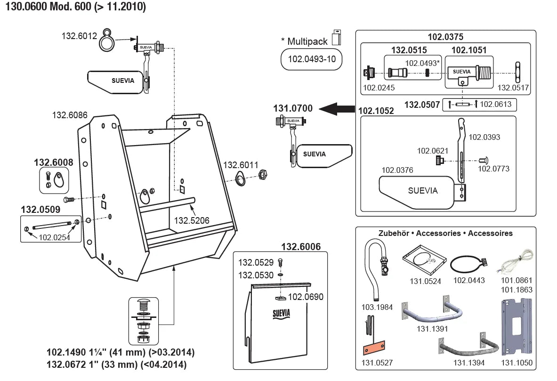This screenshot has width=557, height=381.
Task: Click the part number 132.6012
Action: pos(79,35)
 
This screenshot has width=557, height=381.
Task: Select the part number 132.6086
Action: pos(70,114)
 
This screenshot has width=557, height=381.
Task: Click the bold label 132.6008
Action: pos(53,162)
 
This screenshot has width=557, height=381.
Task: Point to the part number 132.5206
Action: pos(191,220)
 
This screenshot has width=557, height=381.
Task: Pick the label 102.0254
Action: pos(54,238)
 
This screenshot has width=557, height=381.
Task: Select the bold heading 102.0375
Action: pos(445,37)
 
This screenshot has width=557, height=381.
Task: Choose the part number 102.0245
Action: pos(379,88)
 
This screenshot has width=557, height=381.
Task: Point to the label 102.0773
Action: pos(493,168)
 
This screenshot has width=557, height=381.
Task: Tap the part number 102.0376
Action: pos(397,170)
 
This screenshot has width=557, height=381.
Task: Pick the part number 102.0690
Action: pos(306,297)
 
